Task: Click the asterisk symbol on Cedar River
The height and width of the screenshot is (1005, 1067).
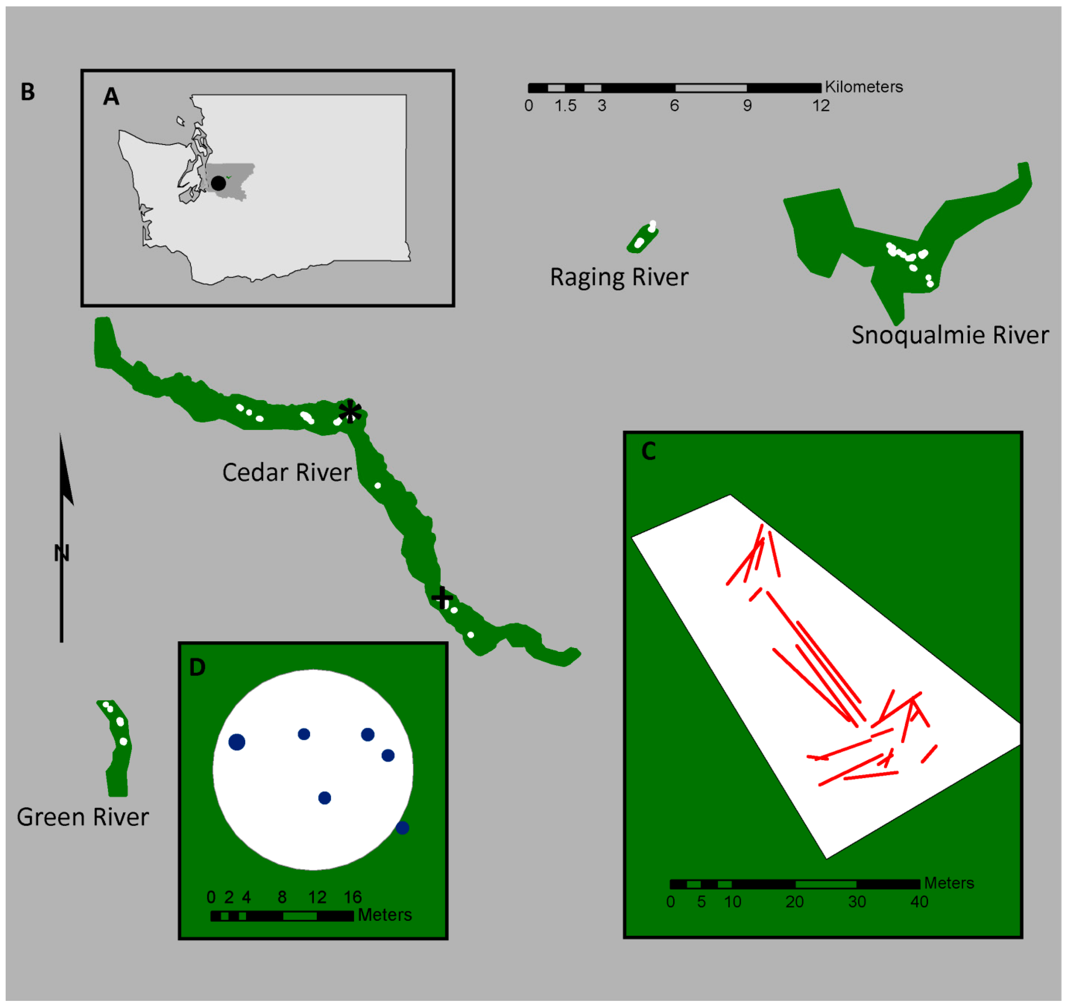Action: click(x=350, y=412)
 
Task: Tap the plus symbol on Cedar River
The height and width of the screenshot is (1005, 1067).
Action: click(x=442, y=598)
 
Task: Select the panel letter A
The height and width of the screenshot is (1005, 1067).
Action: click(x=111, y=97)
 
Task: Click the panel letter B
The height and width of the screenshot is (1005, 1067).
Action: click(x=28, y=92)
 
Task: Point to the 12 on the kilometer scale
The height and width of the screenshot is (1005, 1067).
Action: click(x=821, y=106)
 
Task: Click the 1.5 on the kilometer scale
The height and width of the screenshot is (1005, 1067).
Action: click(x=565, y=106)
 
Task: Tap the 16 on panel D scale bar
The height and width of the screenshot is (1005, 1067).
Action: click(x=353, y=897)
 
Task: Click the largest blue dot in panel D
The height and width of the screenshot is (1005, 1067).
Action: click(x=237, y=742)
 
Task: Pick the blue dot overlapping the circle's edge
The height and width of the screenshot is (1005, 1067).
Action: click(x=403, y=828)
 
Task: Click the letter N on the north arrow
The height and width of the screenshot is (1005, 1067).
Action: click(x=62, y=553)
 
